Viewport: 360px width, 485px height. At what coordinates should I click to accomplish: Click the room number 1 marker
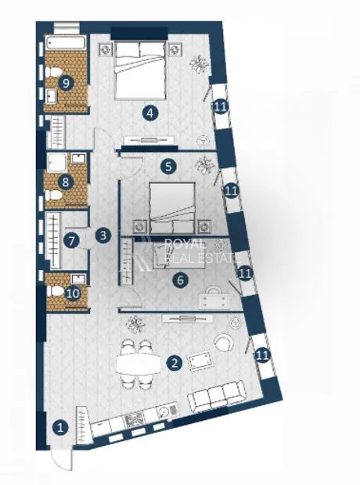click(60, 428)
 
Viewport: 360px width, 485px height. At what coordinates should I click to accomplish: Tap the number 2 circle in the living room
click(175, 362)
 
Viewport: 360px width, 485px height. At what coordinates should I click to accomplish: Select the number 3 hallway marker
click(103, 235)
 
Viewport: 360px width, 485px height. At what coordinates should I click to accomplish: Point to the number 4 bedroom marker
click(149, 113)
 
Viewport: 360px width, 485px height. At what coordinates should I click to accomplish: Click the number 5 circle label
click(168, 167)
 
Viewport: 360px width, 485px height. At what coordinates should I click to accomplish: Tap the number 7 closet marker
click(71, 241)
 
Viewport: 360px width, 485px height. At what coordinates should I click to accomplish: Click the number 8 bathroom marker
click(65, 181)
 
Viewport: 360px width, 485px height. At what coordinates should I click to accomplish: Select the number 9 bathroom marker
click(66, 83)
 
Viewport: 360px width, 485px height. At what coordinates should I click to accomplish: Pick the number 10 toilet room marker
click(73, 293)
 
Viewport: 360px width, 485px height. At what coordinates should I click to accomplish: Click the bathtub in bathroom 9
click(66, 43)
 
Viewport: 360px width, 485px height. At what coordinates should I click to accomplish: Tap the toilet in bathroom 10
click(55, 291)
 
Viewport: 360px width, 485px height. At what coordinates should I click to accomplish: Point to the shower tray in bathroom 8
click(57, 162)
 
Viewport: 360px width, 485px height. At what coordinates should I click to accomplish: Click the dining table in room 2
click(139, 365)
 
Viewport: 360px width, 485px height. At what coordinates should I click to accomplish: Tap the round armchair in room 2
click(224, 342)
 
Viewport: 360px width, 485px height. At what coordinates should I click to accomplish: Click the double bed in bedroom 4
click(140, 70)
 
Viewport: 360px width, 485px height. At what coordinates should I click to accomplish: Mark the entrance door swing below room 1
click(61, 461)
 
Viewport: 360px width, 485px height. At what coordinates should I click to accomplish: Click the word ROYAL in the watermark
click(185, 244)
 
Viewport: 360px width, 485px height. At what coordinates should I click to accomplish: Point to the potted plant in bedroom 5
click(204, 165)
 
